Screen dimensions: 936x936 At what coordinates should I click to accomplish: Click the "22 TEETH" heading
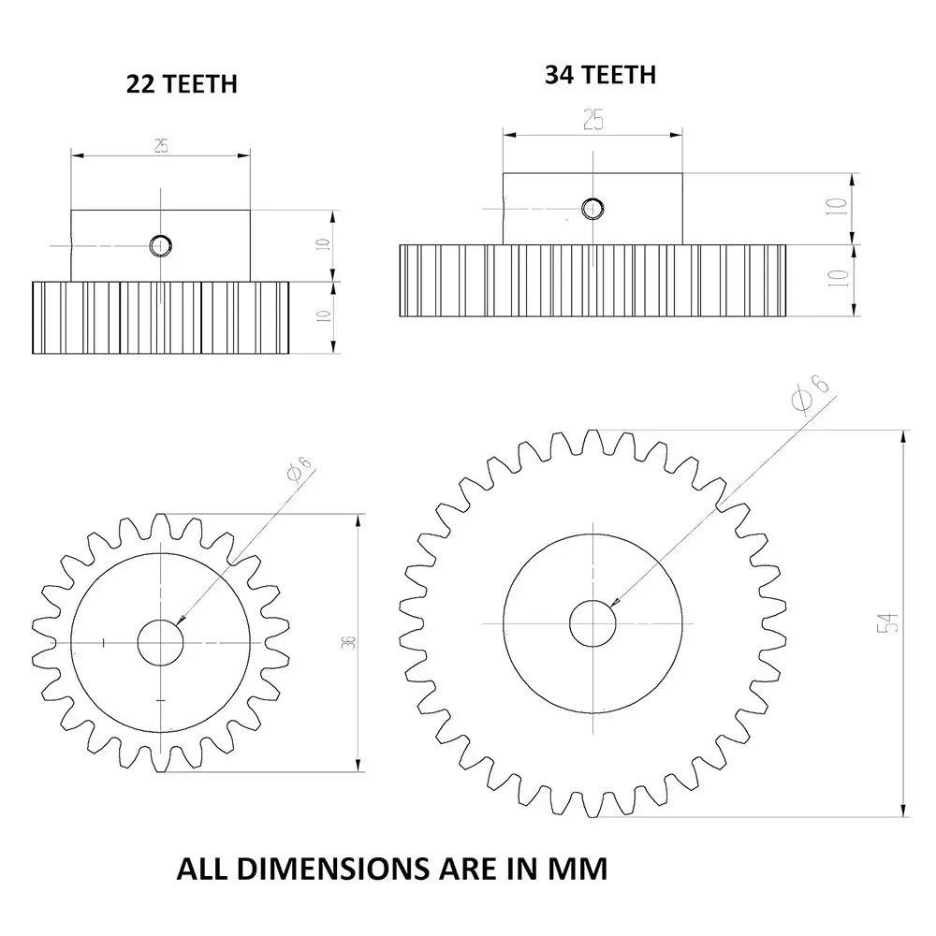[182, 84]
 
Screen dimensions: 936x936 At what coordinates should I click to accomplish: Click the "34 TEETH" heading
[600, 75]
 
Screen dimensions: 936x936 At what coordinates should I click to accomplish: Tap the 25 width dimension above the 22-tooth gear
[161, 146]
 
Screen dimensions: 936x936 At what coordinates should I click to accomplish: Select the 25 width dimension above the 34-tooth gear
[592, 119]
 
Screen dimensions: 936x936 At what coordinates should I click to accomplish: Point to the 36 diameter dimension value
[348, 642]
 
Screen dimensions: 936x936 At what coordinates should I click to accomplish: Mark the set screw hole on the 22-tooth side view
[161, 245]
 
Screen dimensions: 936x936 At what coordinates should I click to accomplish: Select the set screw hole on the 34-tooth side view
[592, 208]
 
